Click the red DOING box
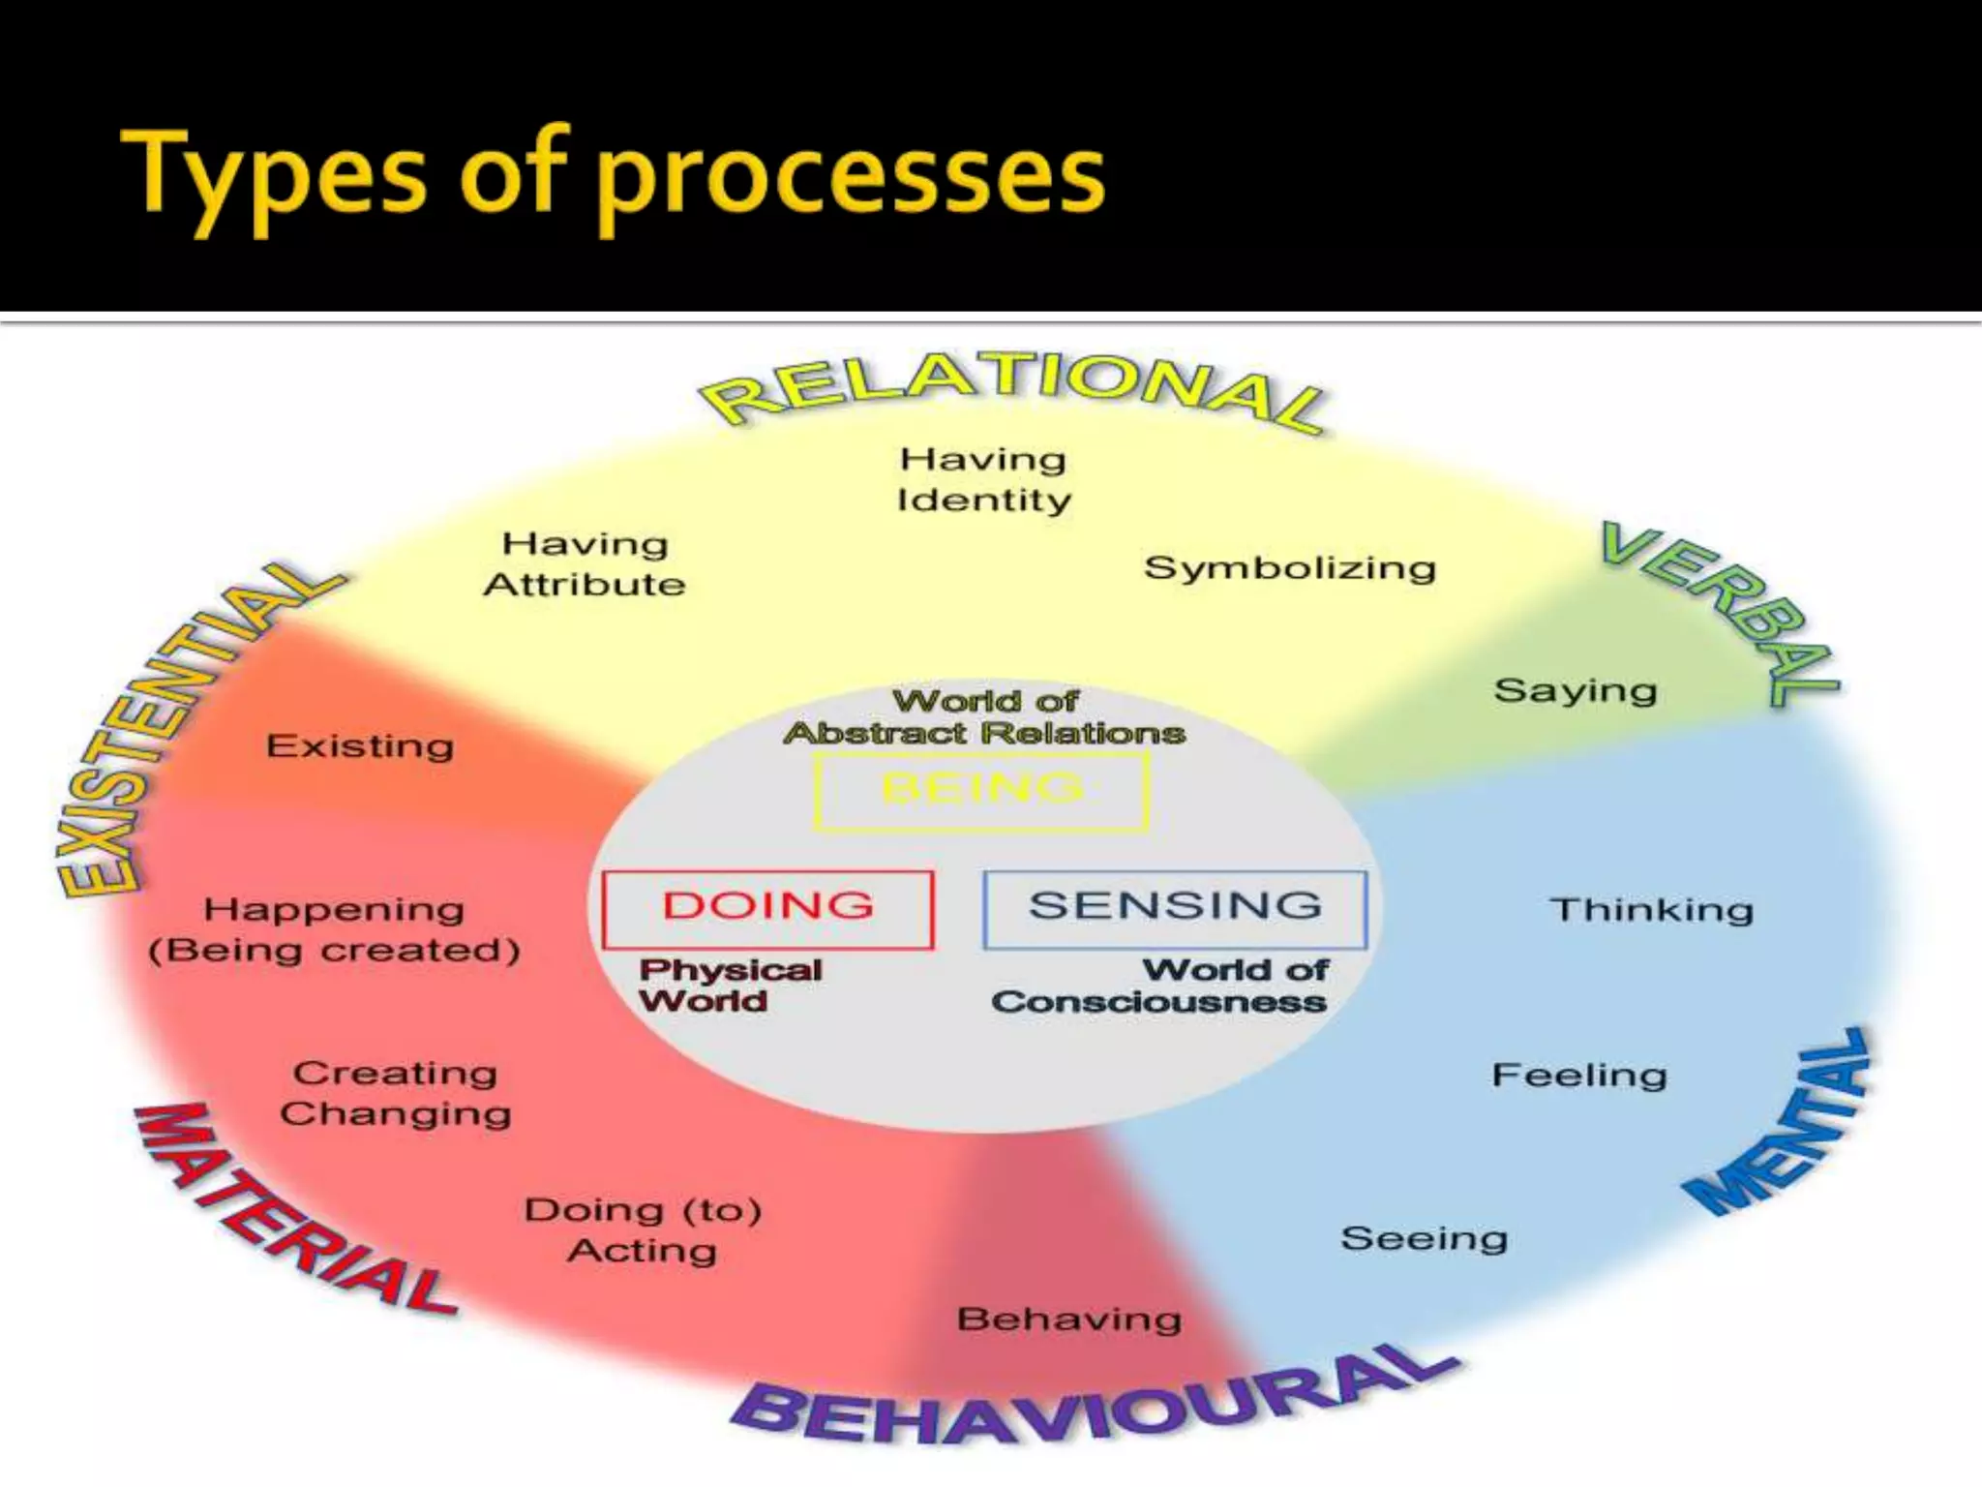(767, 908)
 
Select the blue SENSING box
(1175, 908)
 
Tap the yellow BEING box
(981, 790)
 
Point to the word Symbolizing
(1289, 568)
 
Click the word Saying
(1575, 691)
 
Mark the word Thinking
(1651, 910)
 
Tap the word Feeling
(1578, 1076)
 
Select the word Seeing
(1424, 1239)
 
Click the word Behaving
(1068, 1320)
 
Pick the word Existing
(360, 746)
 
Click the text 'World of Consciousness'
(1159, 986)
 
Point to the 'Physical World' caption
(730, 986)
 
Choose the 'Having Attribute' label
(585, 564)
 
